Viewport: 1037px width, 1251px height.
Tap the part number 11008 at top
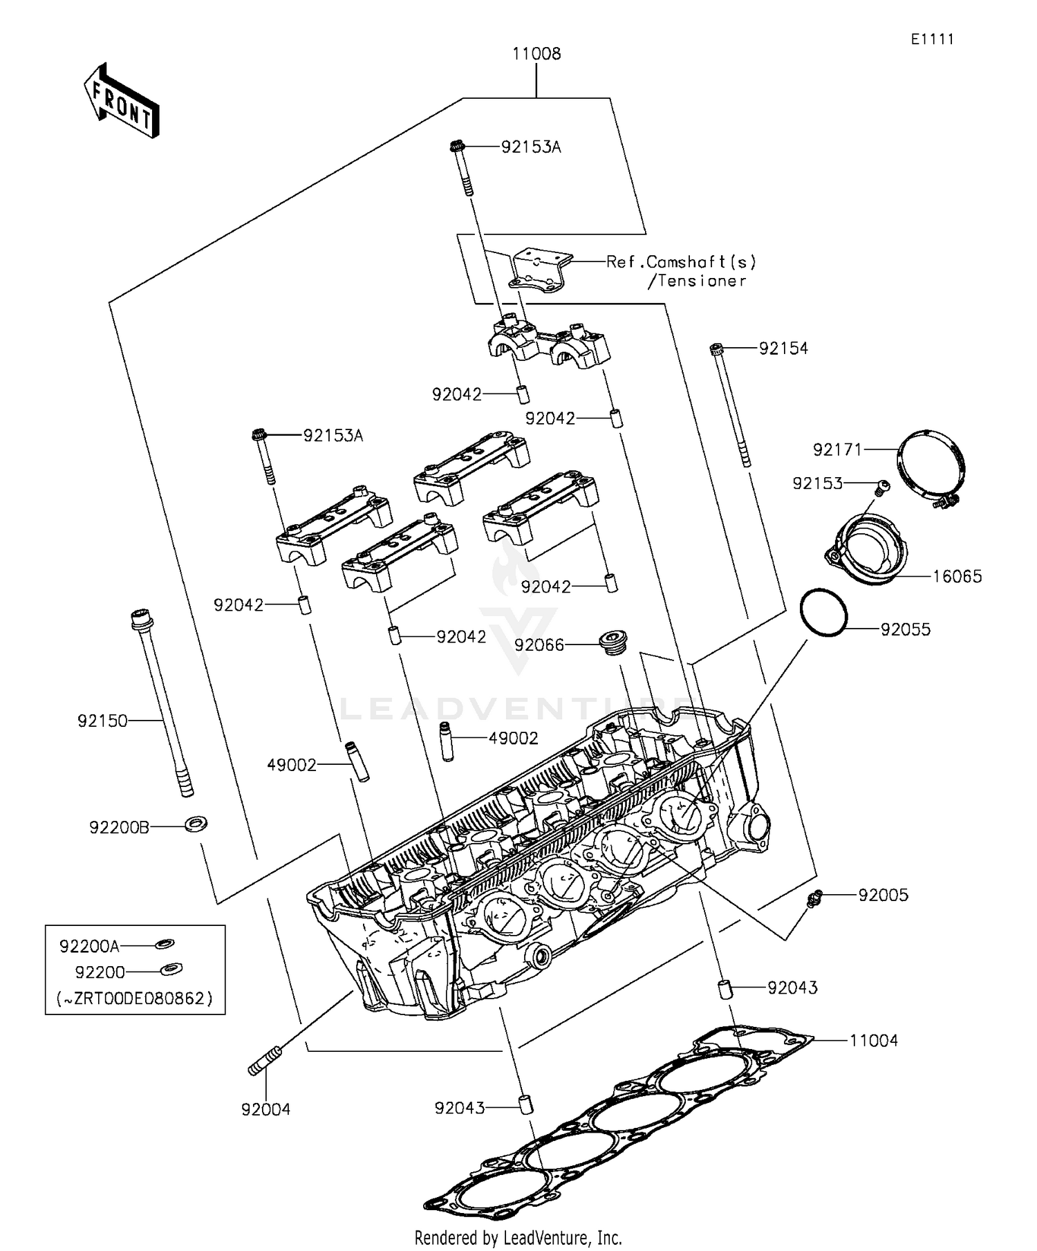[536, 54]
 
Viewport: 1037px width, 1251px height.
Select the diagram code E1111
[931, 39]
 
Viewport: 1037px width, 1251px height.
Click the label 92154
[783, 349]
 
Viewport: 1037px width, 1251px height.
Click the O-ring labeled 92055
[823, 611]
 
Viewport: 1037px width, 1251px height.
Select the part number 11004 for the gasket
[873, 1041]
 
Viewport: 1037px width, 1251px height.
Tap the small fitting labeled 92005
[814, 897]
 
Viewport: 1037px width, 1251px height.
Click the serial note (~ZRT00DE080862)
[134, 999]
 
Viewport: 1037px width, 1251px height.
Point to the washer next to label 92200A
[165, 943]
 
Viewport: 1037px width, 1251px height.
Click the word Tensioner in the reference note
[701, 281]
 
